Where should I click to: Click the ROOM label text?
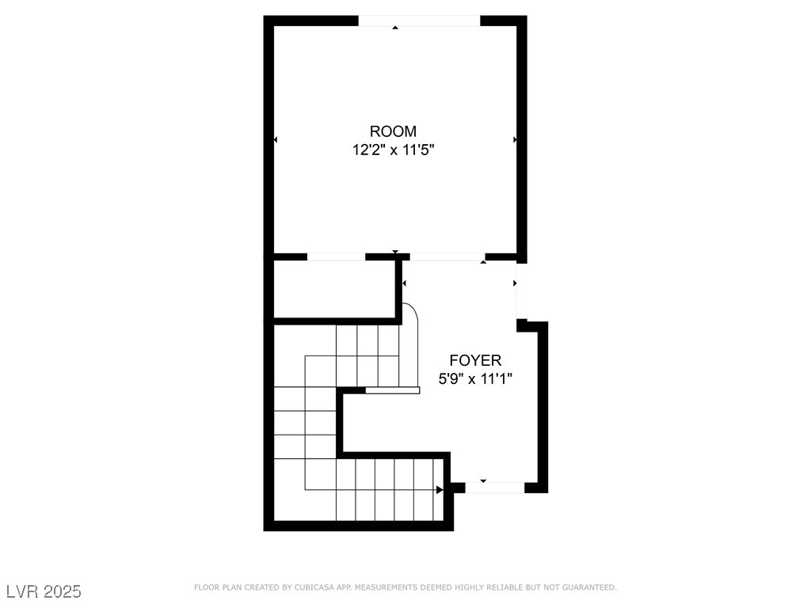tap(393, 131)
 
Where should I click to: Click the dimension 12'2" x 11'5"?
tap(393, 150)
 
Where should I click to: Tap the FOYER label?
tap(475, 360)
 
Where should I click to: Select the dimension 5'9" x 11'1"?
tap(475, 379)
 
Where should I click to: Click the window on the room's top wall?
tap(420, 21)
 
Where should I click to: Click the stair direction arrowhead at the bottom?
tap(440, 490)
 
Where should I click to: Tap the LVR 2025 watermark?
tap(44, 591)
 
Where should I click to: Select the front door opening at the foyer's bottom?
tap(494, 488)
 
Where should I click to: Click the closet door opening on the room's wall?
tap(336, 256)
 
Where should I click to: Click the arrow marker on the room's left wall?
tap(276, 140)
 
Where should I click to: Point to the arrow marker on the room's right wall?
tap(515, 139)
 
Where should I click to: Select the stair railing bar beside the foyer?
tap(392, 389)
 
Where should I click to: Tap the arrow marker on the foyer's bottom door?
tap(483, 481)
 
